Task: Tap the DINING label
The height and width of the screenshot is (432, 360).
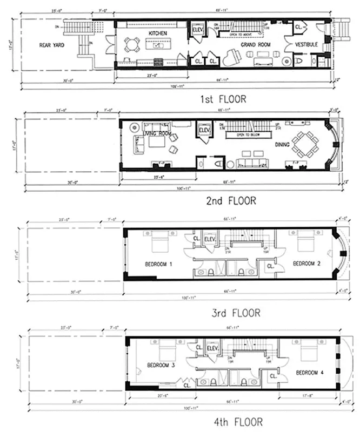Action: (282, 145)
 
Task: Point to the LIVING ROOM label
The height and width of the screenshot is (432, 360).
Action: (157, 133)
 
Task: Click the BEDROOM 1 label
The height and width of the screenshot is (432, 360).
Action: (158, 264)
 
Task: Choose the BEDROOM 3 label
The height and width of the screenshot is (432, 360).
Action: (161, 365)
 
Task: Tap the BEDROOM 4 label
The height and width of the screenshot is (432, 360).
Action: (309, 372)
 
